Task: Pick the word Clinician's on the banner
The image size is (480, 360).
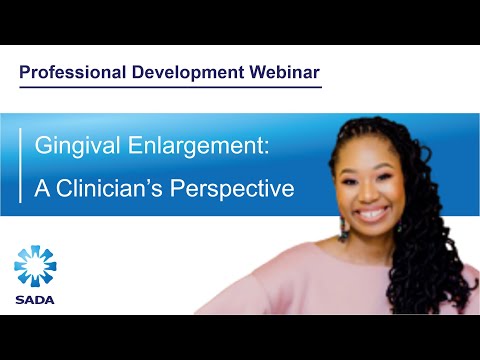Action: pyautogui.click(x=106, y=187)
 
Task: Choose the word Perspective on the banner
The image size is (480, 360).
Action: pyautogui.click(x=238, y=187)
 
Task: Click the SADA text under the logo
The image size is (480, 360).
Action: pyautogui.click(x=35, y=299)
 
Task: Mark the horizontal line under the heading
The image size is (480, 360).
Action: pyautogui.click(x=170, y=87)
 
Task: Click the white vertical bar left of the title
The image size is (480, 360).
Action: pyautogui.click(x=21, y=166)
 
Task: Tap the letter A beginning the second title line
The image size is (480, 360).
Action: pyautogui.click(x=41, y=187)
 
